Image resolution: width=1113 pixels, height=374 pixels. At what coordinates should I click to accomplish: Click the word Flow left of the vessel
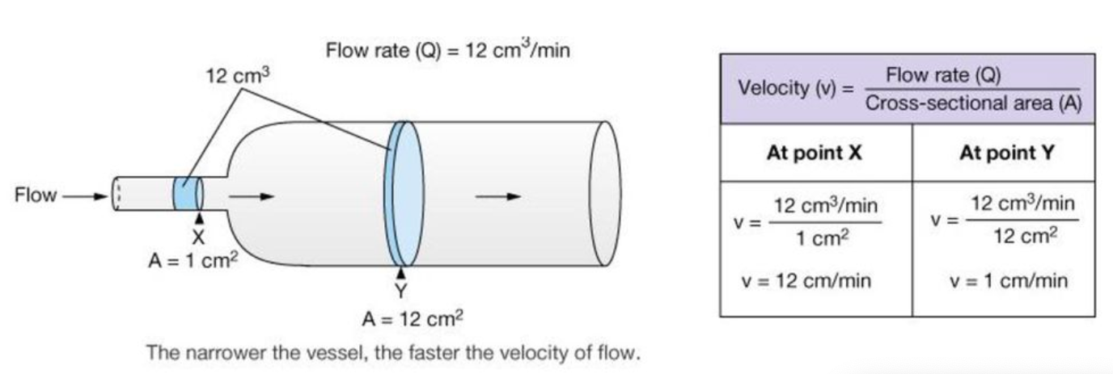[x=36, y=195]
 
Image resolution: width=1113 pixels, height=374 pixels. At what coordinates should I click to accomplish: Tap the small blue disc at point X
[x=187, y=195]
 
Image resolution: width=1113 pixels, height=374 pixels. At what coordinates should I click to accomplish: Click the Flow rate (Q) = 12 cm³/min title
[x=448, y=50]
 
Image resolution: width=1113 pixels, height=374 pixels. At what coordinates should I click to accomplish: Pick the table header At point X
[x=815, y=153]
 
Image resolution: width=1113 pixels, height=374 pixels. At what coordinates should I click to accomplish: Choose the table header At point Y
[x=1006, y=153]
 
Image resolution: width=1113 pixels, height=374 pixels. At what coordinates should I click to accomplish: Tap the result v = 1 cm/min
[x=1009, y=281]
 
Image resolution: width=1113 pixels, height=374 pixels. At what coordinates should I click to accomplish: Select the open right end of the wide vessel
[x=606, y=194]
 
